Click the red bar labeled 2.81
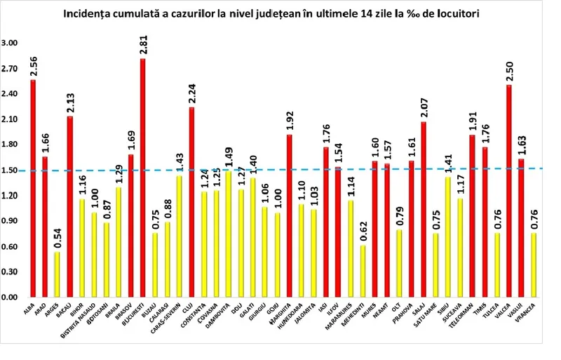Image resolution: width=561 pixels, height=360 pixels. pos(143,178)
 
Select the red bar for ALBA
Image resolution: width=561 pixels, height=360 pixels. pos(33,189)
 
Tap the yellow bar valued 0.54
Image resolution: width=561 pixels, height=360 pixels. pos(58,274)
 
